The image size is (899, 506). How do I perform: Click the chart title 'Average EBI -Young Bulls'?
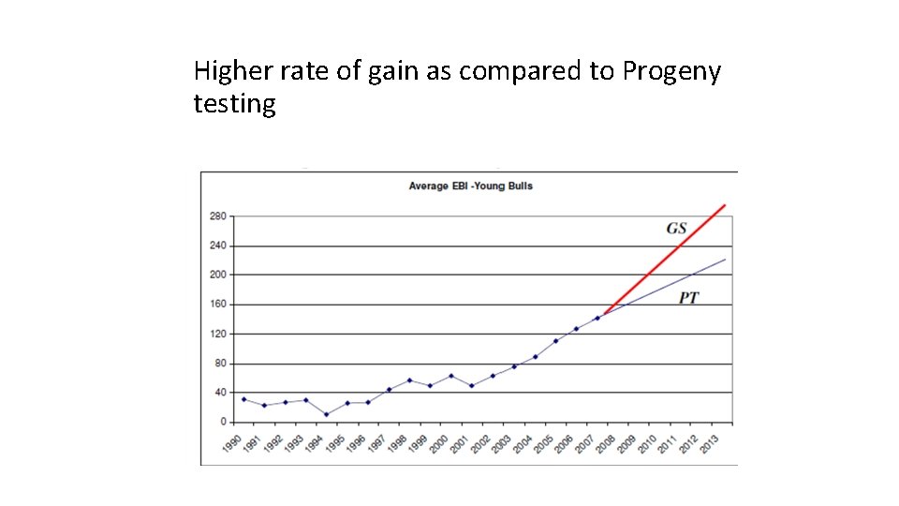pyautogui.click(x=470, y=186)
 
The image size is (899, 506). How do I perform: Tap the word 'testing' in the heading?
pyautogui.click(x=234, y=104)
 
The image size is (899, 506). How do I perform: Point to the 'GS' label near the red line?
pyautogui.click(x=676, y=229)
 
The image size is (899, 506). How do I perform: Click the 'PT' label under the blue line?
pyautogui.click(x=688, y=298)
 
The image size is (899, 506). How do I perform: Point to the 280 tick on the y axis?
pyautogui.click(x=217, y=216)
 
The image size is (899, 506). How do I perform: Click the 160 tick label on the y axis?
pyautogui.click(x=217, y=305)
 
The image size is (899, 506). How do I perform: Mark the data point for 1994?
pyautogui.click(x=327, y=414)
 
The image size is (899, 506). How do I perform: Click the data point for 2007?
pyautogui.click(x=597, y=318)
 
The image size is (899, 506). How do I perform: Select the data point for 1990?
pyautogui.click(x=243, y=399)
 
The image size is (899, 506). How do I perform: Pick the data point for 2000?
pyautogui.click(x=451, y=376)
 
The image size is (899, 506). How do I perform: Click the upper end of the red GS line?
pyautogui.click(x=724, y=205)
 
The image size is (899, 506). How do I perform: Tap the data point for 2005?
pyautogui.click(x=555, y=341)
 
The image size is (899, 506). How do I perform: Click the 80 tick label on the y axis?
pyautogui.click(x=220, y=364)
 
